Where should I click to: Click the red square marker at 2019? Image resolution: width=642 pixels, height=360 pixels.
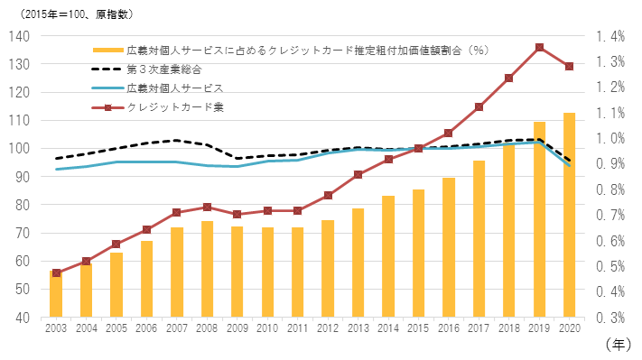539,48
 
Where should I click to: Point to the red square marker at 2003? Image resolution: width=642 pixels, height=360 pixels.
56,272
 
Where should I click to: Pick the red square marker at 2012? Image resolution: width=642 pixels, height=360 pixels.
328,195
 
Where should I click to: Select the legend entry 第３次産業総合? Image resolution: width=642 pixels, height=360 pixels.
163,69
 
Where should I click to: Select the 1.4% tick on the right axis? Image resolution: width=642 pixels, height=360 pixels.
610,36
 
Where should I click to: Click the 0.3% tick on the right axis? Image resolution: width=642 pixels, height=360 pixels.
610,318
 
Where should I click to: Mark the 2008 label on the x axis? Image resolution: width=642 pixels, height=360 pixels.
207,329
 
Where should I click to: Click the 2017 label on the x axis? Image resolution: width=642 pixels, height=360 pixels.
479,329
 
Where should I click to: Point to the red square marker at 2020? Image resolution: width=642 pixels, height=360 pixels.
569,66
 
